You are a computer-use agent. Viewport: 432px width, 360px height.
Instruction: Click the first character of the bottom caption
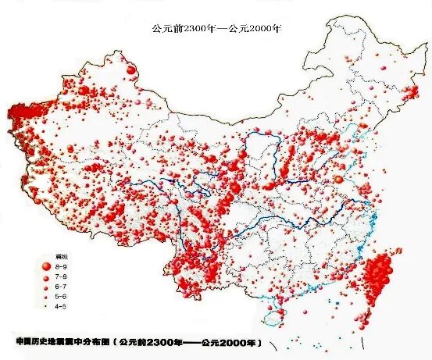[19, 343]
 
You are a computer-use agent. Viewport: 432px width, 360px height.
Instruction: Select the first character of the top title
[155, 27]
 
